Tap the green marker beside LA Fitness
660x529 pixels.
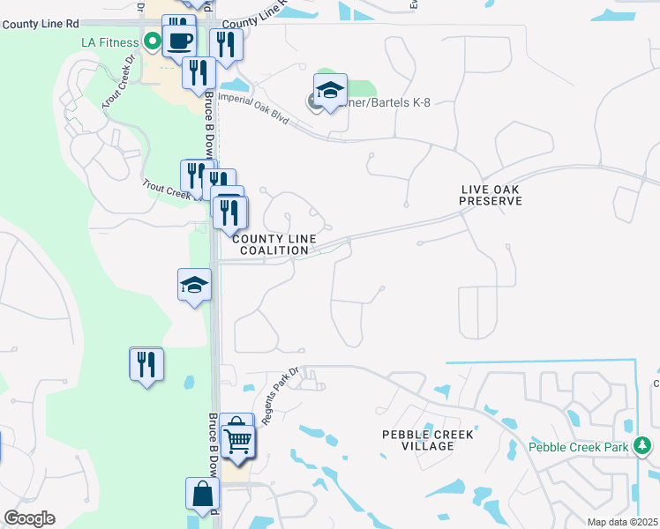coord(153,41)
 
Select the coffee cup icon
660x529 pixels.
coord(179,41)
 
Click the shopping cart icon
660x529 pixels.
coord(238,439)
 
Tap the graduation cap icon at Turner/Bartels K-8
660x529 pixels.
coord(330,91)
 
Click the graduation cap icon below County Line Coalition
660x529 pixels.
coord(194,285)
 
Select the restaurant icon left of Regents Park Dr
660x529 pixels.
coord(146,363)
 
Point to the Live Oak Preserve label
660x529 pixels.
coord(491,195)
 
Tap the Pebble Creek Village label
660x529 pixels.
coord(428,440)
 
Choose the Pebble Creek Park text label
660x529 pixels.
coord(578,447)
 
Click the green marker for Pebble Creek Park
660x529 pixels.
coord(643,448)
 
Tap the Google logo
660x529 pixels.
coord(29,518)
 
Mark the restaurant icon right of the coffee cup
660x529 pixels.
coord(226,45)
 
